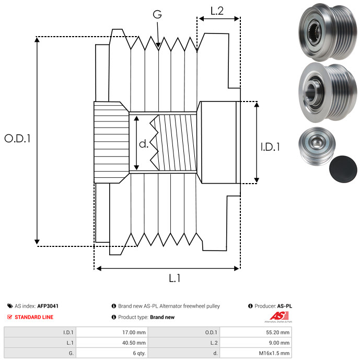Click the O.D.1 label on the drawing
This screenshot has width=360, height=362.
click(x=18, y=139)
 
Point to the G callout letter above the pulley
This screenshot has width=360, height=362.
click(x=157, y=14)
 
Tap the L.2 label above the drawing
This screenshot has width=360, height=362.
click(x=217, y=11)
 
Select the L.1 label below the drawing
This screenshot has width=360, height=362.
click(x=175, y=278)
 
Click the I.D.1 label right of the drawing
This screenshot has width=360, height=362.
click(x=270, y=147)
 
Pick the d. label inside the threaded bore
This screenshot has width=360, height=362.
click(x=144, y=144)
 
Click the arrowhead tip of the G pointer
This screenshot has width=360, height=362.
click(x=158, y=48)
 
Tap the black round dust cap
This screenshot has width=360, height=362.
click(x=343, y=169)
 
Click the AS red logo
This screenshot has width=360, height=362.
click(x=278, y=316)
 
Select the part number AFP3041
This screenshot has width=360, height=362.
click(x=48, y=306)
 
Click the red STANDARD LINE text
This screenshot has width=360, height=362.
click(x=34, y=317)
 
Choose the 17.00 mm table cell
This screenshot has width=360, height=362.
click(x=112, y=333)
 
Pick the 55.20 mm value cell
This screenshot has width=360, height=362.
click(x=256, y=333)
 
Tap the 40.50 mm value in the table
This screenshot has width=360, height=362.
click(x=134, y=343)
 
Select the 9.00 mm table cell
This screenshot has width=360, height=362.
click(x=256, y=343)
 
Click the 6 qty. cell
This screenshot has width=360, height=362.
click(x=112, y=353)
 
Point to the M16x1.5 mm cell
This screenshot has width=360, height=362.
click(x=256, y=353)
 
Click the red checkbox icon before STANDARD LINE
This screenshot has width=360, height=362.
click(x=10, y=317)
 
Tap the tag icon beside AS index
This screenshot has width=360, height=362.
click(x=10, y=306)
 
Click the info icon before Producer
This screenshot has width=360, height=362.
click(x=250, y=306)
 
